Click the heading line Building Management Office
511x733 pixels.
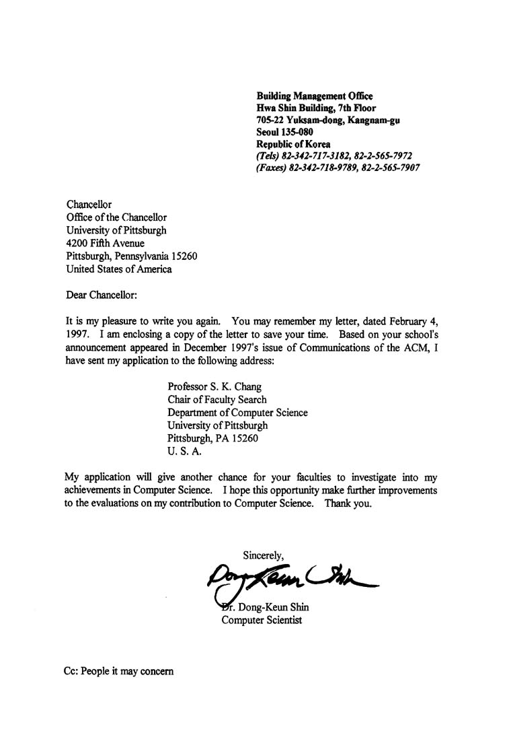click(x=314, y=96)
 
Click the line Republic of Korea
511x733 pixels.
click(x=293, y=144)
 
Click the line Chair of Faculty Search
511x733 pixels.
click(x=217, y=399)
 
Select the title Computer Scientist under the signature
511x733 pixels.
click(x=262, y=619)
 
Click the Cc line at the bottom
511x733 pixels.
click(x=118, y=671)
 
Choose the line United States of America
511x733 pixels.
click(x=119, y=269)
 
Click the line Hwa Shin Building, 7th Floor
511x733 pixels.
click(x=316, y=108)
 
